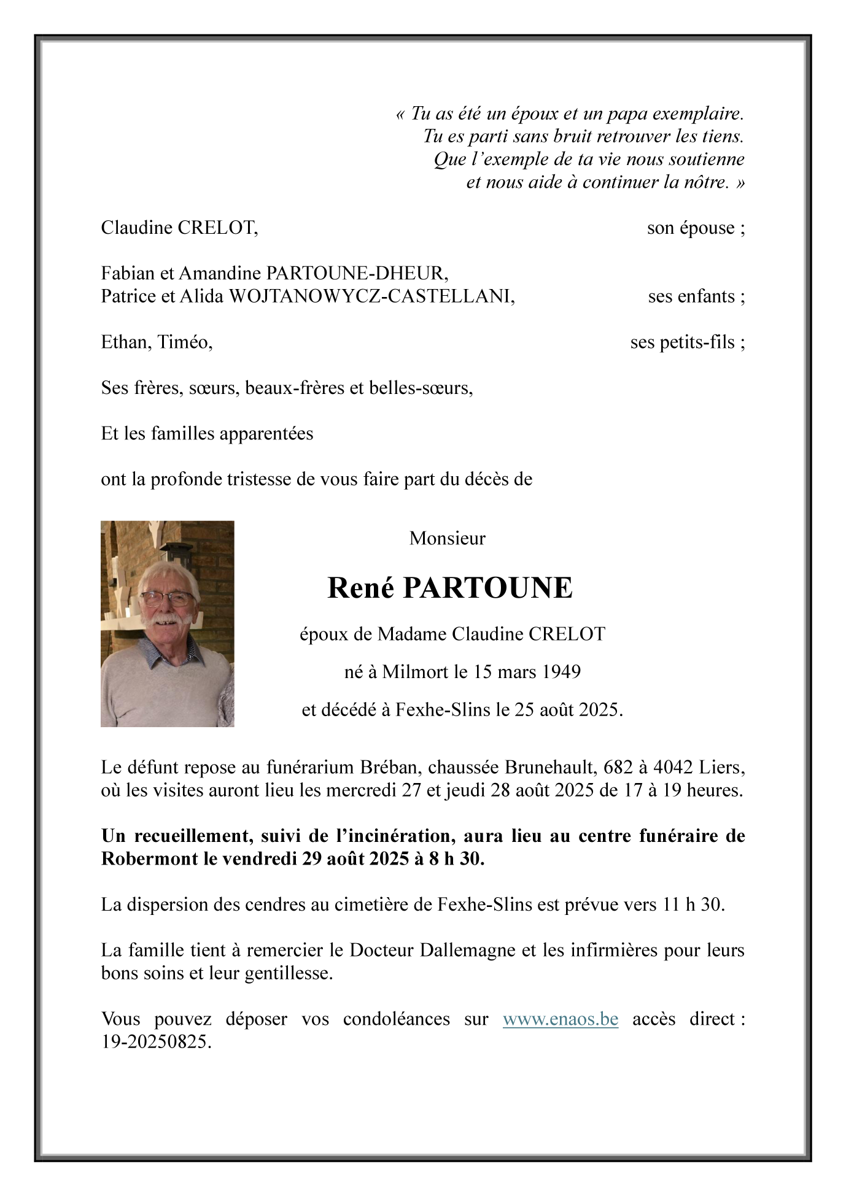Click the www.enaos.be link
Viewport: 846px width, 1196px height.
560,1019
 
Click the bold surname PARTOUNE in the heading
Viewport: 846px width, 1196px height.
487,588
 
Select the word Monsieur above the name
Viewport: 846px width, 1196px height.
447,539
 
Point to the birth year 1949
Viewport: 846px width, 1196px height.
561,672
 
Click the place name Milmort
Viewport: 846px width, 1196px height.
415,672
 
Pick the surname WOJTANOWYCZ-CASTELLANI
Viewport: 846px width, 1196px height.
371,296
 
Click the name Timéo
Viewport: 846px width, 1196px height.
185,342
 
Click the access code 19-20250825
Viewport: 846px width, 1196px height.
156,1042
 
